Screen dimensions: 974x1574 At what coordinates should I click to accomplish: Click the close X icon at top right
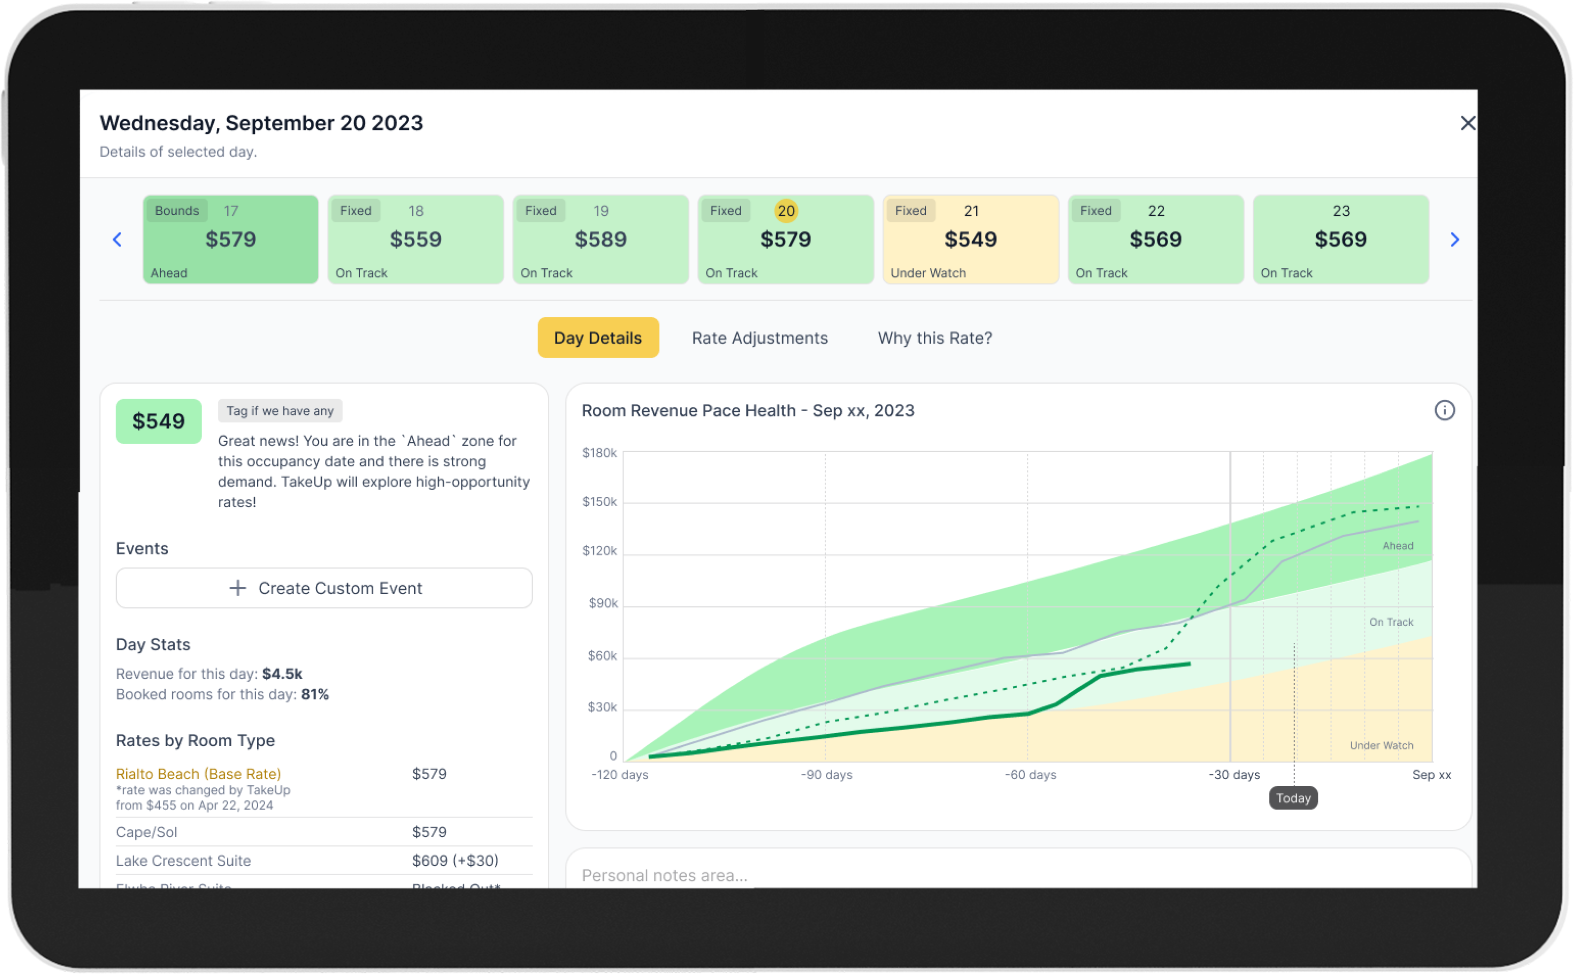(1467, 123)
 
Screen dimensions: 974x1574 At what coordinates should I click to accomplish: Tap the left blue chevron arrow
(117, 240)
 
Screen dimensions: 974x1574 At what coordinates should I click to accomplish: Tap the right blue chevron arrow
(1454, 240)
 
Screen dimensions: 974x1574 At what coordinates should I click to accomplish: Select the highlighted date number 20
(786, 211)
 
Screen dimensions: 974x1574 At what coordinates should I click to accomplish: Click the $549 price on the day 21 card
(970, 240)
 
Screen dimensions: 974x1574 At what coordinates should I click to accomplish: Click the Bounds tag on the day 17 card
(177, 211)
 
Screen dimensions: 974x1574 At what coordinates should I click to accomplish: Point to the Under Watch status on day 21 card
(928, 273)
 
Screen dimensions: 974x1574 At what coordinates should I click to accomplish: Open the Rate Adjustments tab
(759, 338)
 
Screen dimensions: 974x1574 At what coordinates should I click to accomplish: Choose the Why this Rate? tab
(935, 338)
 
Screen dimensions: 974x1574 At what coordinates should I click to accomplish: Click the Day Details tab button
(598, 338)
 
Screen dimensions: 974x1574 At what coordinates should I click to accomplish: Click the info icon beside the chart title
(1445, 410)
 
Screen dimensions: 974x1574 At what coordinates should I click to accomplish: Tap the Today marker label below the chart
(1293, 798)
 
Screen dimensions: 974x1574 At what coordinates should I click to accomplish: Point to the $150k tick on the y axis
(599, 502)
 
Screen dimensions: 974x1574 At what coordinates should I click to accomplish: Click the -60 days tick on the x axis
(1030, 775)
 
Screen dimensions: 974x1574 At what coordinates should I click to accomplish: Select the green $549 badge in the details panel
(158, 421)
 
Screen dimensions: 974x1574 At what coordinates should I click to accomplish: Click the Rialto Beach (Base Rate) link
(198, 774)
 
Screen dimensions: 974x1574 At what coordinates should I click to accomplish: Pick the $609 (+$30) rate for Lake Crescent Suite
(454, 861)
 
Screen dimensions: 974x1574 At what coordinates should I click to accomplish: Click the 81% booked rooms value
(315, 695)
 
